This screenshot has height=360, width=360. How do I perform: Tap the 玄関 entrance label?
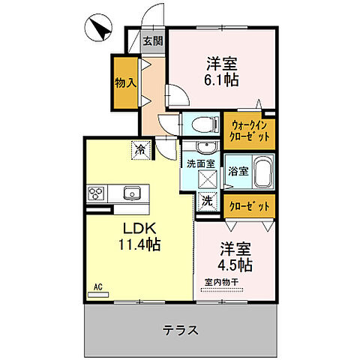[x=153, y=40]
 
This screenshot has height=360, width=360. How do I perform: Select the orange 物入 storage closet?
[x=124, y=81]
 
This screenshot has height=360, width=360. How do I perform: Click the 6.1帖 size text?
[x=222, y=79]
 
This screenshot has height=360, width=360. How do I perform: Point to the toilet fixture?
[x=201, y=123]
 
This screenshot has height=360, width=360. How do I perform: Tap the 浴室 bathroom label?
[x=238, y=170]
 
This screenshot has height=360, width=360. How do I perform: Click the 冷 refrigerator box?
[x=140, y=148]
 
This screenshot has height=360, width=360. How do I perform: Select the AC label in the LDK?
[x=97, y=286]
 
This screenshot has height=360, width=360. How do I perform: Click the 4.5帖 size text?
[x=235, y=265]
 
